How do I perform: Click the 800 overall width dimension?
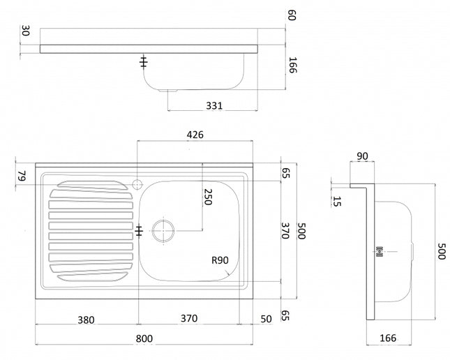tap(144, 339)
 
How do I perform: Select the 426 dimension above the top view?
tap(195, 135)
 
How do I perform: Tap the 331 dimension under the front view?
tap(214, 105)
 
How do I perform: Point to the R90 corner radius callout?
tap(221, 260)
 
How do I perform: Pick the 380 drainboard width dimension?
tap(87, 320)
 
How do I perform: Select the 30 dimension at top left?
tap(26, 31)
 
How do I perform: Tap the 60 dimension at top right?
tap(292, 15)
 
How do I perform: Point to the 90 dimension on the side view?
tap(363, 156)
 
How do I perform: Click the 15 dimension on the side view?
tap(338, 202)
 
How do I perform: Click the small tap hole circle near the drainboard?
tap(137, 184)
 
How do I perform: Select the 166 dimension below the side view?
tap(388, 338)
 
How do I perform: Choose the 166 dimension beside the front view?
tap(292, 66)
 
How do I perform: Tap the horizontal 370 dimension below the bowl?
tap(189, 318)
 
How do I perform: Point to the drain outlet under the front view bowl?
tap(167, 90)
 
